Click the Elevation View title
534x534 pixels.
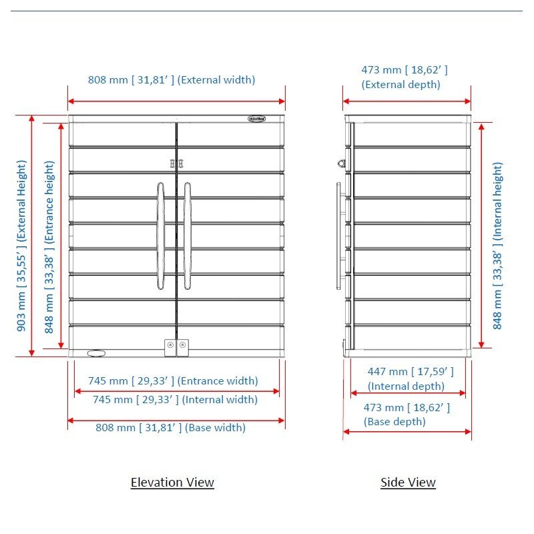tap(172, 482)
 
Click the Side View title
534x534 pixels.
tap(408, 482)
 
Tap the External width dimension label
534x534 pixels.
tap(172, 79)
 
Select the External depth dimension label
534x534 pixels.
tap(405, 77)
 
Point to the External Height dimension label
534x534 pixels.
tap(21, 246)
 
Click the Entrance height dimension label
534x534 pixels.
tap(49, 247)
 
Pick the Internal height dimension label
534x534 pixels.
tap(497, 246)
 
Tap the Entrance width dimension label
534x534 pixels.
tap(173, 380)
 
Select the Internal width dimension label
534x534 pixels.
tap(175, 399)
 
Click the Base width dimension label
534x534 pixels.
tap(170, 427)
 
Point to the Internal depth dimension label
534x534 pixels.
tap(411, 378)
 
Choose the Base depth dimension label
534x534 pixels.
tap(407, 415)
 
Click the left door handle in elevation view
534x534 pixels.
tap(161, 236)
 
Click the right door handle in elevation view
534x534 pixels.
tap(188, 236)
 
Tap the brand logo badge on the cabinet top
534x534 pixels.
tap(257, 119)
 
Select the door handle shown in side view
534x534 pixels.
tap(338, 236)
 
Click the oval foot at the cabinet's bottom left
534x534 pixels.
tap(96, 354)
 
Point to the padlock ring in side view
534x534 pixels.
tap(342, 164)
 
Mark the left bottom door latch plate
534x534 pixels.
tap(170, 348)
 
